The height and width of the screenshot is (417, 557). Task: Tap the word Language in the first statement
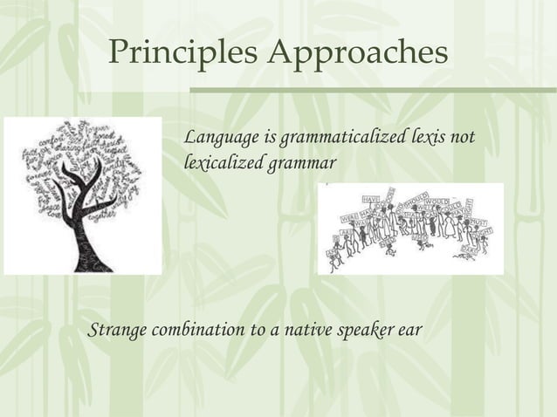[217, 139]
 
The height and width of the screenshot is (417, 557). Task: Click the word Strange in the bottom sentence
[118, 332]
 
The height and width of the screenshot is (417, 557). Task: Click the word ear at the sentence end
[411, 332]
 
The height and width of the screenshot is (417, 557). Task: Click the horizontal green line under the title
[373, 90]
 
